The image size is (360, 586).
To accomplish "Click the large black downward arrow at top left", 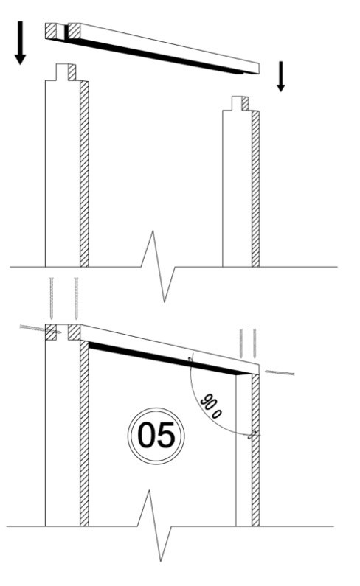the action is (x=20, y=43).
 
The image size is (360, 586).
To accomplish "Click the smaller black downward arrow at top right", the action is (x=281, y=77).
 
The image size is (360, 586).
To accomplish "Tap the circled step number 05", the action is (x=156, y=436).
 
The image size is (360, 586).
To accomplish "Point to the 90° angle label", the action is (x=211, y=406).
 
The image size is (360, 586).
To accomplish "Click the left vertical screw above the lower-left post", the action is (x=52, y=299).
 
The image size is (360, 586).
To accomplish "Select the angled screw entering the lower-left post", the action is (x=41, y=329).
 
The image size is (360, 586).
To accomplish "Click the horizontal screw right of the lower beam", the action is (x=280, y=372).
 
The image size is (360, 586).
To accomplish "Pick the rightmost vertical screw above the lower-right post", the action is (x=255, y=343).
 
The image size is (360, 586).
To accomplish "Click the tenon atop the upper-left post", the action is (x=66, y=72).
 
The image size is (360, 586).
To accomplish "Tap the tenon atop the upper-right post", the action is (x=240, y=103).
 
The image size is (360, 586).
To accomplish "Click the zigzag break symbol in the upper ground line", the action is (x=159, y=266).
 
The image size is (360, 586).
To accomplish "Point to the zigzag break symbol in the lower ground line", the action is (x=155, y=526).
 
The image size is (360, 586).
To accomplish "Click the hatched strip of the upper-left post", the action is (x=84, y=174).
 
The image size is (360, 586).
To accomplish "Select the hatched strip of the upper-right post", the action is (x=255, y=189).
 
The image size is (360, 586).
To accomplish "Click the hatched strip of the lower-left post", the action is (x=84, y=433).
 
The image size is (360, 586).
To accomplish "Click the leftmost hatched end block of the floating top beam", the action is (x=51, y=31).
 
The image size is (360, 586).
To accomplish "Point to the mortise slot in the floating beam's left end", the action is (x=62, y=32).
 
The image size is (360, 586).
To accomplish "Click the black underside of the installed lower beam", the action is (x=169, y=359).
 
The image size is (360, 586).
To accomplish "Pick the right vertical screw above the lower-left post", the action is (x=76, y=299).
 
